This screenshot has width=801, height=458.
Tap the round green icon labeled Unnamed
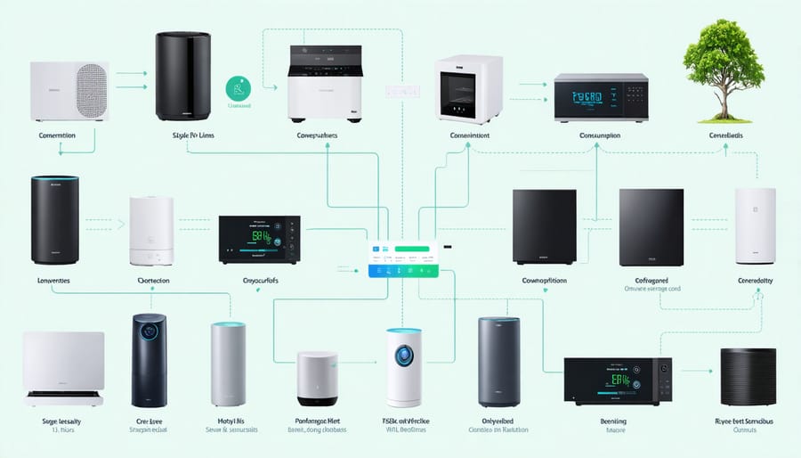[238, 87]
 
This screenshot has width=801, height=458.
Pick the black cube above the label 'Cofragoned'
[651, 226]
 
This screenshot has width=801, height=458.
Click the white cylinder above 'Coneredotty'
[755, 225]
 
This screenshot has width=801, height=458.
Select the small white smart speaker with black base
[317, 379]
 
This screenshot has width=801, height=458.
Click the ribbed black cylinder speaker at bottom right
[748, 377]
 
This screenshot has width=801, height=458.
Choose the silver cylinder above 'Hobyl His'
[228, 364]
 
